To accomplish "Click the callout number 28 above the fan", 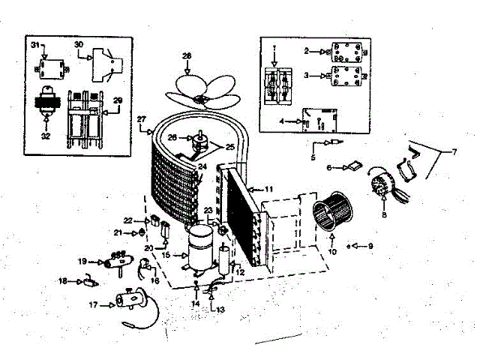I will click(x=187, y=55).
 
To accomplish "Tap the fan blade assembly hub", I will click(x=199, y=98).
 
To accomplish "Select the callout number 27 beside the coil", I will click(x=141, y=120).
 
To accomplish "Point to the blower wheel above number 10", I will click(x=330, y=214).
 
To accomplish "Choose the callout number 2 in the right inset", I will click(x=306, y=51).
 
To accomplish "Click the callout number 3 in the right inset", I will click(x=306, y=76).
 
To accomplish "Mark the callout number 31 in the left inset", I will click(x=34, y=46).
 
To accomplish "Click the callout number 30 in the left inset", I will click(x=79, y=44).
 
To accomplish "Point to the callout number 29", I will click(x=117, y=100).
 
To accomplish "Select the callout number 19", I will click(x=82, y=261).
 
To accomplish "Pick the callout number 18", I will click(x=64, y=281).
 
